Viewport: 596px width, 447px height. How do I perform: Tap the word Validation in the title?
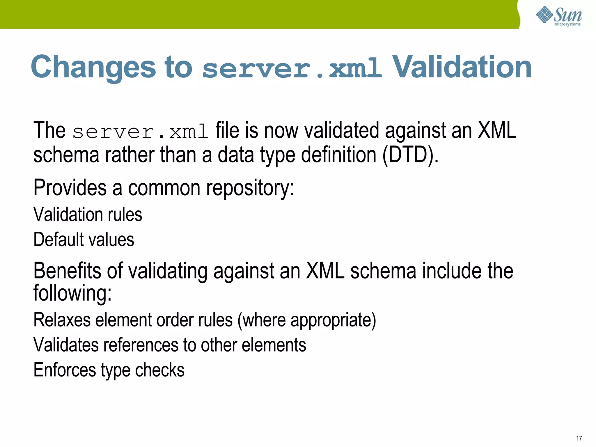[x=462, y=68]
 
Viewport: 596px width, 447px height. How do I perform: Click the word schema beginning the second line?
[x=66, y=155]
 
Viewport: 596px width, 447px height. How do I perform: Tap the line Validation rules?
[x=88, y=215]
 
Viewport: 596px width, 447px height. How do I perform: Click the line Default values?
[x=84, y=240]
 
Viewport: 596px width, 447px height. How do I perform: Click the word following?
[x=72, y=293]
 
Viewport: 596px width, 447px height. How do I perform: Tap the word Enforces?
[x=65, y=370]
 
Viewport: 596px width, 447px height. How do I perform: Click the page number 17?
[x=579, y=438]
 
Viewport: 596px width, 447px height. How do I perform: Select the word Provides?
[x=70, y=188]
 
